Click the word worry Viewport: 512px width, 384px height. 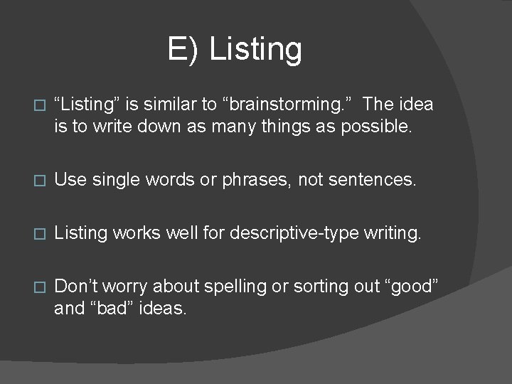pos(127,287)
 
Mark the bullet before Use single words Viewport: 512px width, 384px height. pos(40,181)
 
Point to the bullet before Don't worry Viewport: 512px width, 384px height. pos(40,287)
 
